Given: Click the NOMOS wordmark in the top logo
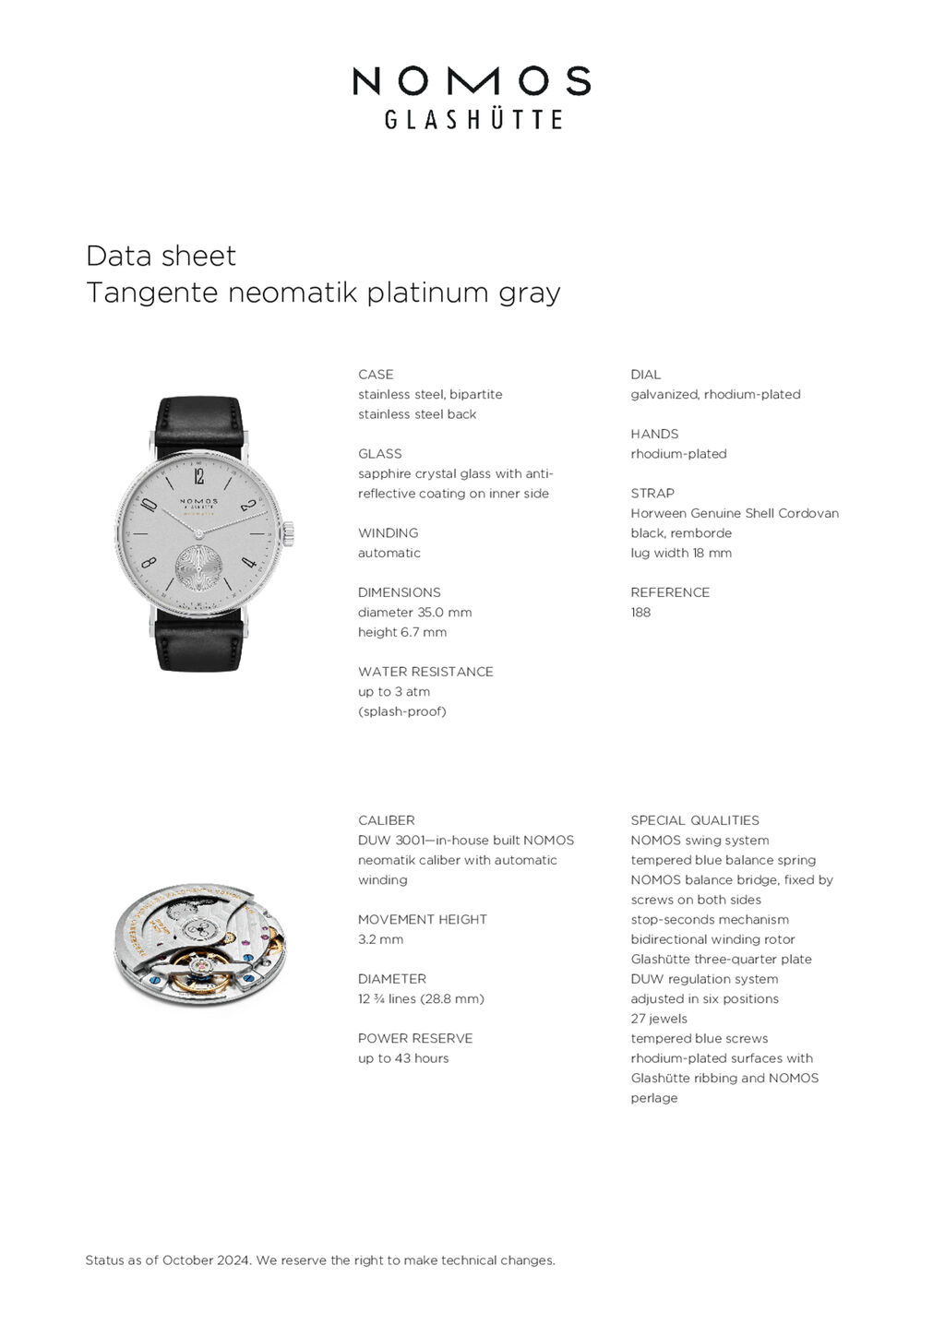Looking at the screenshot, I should tap(472, 81).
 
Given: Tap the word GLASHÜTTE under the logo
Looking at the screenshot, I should tap(472, 120).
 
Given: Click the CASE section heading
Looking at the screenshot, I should tap(376, 375).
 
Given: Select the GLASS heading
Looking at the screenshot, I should tap(380, 454).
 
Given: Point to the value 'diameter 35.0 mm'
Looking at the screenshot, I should tap(414, 613).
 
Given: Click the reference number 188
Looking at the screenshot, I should tap(640, 613).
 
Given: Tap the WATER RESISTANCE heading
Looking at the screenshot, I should tap(425, 672).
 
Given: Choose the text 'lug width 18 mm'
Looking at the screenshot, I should tap(681, 554).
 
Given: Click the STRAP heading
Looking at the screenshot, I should tap(652, 494).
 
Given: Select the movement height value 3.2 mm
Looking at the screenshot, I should tap(380, 939).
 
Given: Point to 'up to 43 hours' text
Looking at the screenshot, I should tap(403, 1058).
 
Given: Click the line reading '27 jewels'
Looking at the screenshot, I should tap(659, 1019).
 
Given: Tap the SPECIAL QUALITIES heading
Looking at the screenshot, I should tap(695, 820).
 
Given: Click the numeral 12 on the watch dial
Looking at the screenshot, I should tap(199, 476).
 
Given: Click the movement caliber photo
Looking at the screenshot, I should tap(199, 944).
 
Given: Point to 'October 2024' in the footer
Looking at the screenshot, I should tap(206, 1260).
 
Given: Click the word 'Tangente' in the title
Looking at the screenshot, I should tap(152, 292).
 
